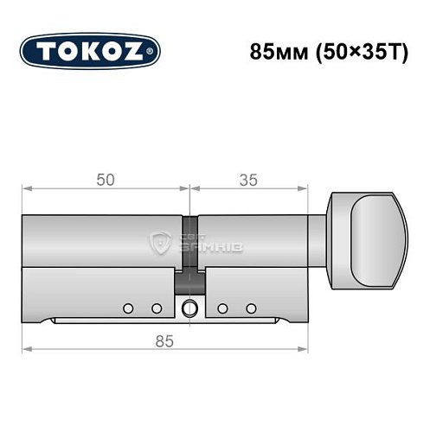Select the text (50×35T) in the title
tap(351, 51)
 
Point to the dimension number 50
tap(106, 180)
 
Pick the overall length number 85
tap(164, 340)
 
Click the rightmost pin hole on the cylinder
tap(251, 308)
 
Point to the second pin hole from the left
tap(156, 307)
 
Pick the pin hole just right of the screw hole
tap(222, 308)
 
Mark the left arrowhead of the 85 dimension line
tap(26, 350)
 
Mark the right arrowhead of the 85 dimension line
tap(305, 350)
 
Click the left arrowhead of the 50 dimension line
tap(26, 189)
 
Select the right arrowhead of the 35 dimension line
tap(305, 189)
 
